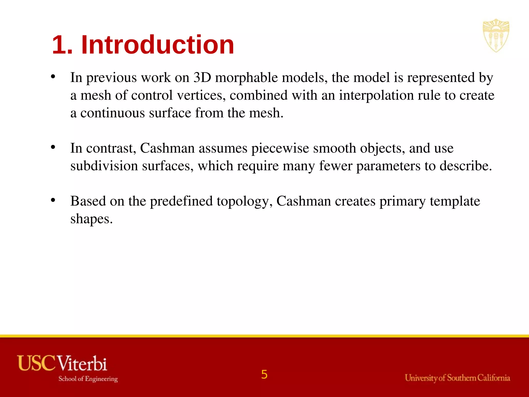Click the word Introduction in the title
tap(158, 45)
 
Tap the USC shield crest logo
tap(496, 35)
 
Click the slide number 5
tap(264, 375)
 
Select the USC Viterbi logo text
tap(62, 363)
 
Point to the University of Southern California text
tap(457, 378)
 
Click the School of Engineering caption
tap(88, 379)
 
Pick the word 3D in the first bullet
tap(202, 77)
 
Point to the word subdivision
tap(104, 166)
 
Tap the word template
tap(455, 201)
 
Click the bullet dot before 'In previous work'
tap(53, 77)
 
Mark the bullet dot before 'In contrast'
tap(53, 147)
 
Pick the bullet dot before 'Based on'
tap(53, 200)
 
